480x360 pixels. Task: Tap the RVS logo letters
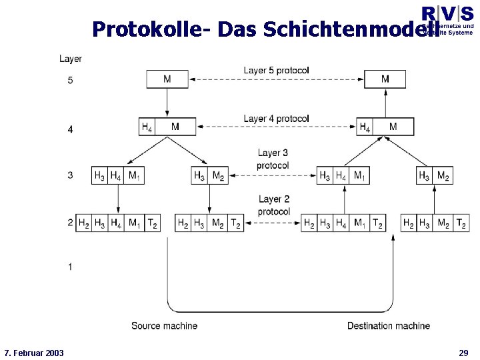point(447,13)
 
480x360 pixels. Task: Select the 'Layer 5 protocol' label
point(276,70)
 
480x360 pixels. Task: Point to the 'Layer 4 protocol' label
point(276,119)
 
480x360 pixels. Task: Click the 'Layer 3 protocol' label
point(273,159)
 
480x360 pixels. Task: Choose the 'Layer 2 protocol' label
point(273,205)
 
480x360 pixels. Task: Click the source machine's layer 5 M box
point(167,79)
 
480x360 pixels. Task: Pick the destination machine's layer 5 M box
point(385,79)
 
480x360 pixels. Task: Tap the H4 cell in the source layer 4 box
point(147,127)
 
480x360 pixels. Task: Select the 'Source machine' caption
point(164,325)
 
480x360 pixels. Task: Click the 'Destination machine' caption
point(388,325)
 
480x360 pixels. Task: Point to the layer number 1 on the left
point(70,267)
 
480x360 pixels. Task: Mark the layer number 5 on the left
point(70,81)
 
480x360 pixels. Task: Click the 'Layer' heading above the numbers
point(71,59)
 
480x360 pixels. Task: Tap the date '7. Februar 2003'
point(34,352)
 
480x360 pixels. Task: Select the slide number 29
point(463,352)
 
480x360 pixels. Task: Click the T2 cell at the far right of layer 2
point(461,223)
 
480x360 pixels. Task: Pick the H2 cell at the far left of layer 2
point(83,223)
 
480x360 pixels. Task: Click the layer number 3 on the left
point(70,176)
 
